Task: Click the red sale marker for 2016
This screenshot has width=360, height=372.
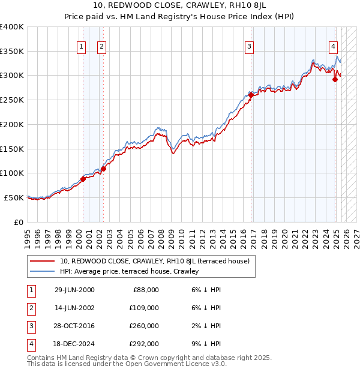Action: tap(250, 95)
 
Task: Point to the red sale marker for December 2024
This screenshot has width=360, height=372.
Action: tap(335, 79)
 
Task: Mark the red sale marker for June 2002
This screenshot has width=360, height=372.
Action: tap(103, 169)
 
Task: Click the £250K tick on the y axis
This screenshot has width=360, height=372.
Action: tap(12, 100)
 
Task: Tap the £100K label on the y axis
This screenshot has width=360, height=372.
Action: tap(12, 173)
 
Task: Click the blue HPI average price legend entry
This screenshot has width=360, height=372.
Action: tap(128, 272)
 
